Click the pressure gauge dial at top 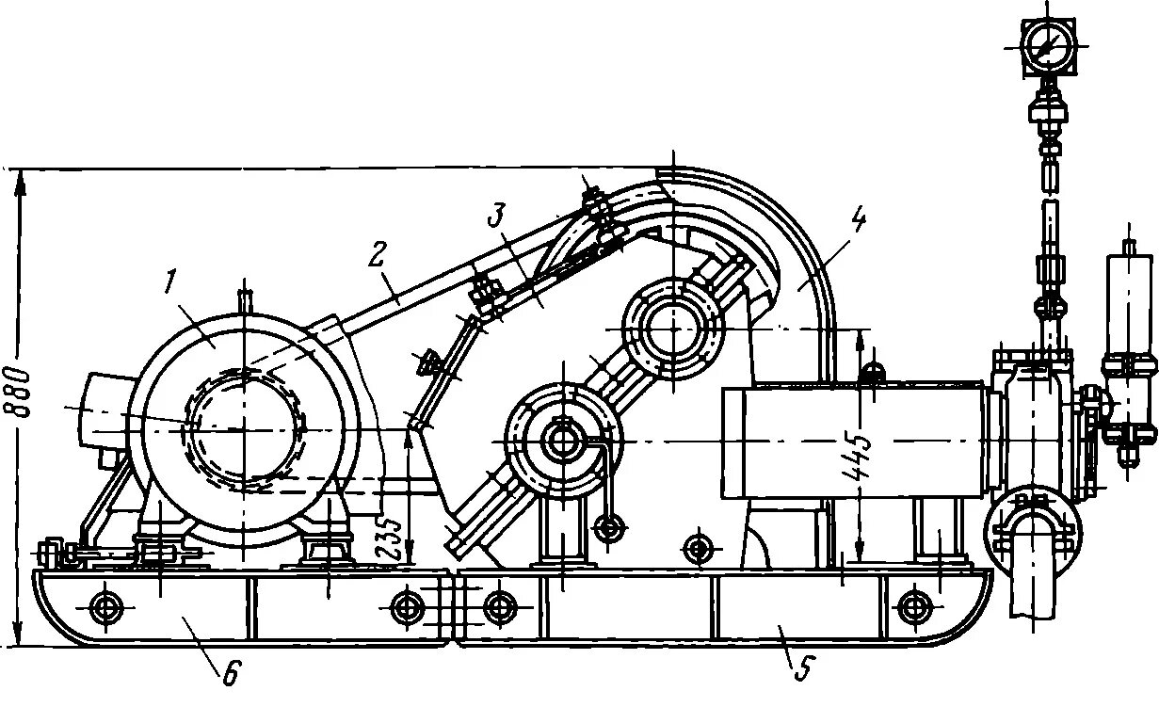click(x=1046, y=44)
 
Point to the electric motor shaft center click(x=244, y=428)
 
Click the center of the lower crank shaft click(x=562, y=439)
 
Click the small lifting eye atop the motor click(x=244, y=302)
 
